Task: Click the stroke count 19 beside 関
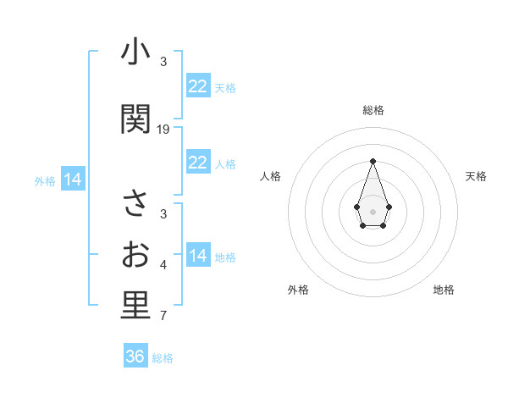coord(163,130)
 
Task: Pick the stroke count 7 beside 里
coord(163,317)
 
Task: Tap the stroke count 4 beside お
coord(163,266)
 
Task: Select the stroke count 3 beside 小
coord(163,62)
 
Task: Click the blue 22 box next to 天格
coord(197,86)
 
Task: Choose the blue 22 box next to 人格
coord(197,163)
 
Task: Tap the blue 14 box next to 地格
coord(197,256)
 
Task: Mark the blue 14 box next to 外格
coord(73,180)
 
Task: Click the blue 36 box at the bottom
coord(135,357)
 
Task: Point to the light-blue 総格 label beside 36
coord(163,358)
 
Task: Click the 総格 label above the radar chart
coord(373,110)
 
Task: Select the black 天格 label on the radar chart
coord(477,176)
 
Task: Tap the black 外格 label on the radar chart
coord(298,290)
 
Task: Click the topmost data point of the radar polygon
coord(373,161)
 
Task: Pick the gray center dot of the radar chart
coord(373,210)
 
